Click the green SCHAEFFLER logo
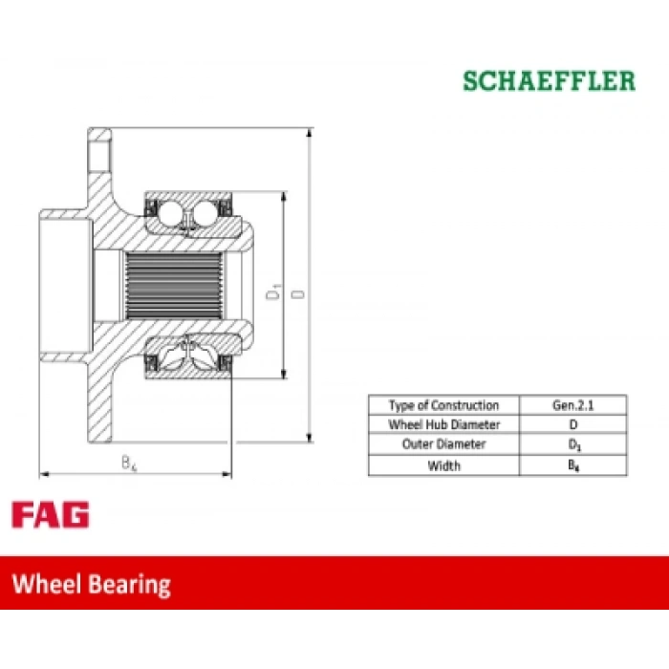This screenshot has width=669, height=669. [x=550, y=81]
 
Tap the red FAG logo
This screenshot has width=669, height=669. [x=51, y=514]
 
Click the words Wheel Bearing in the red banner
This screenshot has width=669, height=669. [x=92, y=584]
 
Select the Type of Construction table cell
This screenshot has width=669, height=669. [x=443, y=405]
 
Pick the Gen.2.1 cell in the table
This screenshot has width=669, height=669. [x=573, y=405]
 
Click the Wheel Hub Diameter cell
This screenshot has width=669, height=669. [x=443, y=424]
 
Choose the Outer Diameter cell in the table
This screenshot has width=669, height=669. [x=443, y=444]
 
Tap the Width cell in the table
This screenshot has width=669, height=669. [x=443, y=465]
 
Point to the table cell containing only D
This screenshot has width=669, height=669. [x=573, y=424]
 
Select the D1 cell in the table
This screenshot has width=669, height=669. [x=573, y=444]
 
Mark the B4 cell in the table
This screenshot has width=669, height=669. [x=573, y=465]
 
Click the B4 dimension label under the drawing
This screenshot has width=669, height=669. [x=129, y=463]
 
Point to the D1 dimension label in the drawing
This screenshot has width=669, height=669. [x=273, y=291]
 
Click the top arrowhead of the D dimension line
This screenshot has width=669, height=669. [x=310, y=132]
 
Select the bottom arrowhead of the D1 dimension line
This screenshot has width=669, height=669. [x=283, y=374]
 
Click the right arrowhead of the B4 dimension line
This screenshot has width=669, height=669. [x=227, y=474]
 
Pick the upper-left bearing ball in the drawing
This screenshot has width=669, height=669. [x=171, y=211]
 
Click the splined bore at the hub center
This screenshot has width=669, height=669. [x=174, y=286]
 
